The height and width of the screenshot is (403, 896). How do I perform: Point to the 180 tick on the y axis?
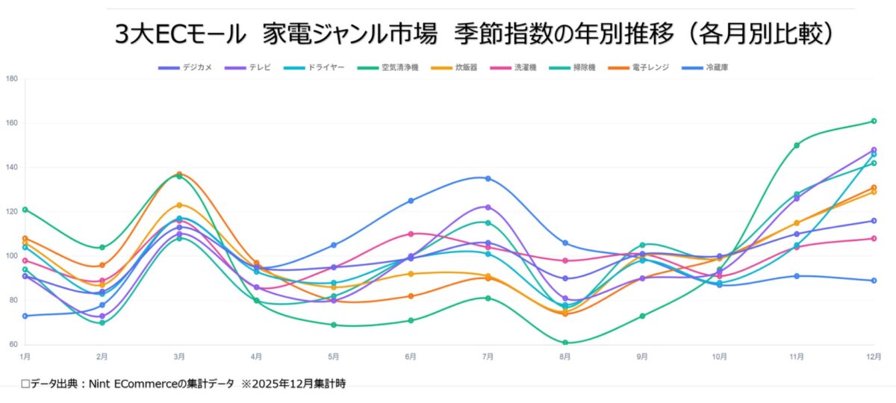(x=11, y=78)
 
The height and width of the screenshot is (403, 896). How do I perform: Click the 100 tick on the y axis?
(x=11, y=256)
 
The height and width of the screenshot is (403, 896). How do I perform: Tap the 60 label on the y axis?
(x=13, y=345)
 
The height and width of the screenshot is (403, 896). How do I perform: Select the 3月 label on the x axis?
(x=179, y=357)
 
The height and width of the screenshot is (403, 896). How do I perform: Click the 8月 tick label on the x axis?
(x=565, y=357)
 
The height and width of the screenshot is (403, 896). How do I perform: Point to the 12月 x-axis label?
(x=874, y=357)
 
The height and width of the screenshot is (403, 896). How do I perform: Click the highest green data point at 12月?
(x=874, y=121)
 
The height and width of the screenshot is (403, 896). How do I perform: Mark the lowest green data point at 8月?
(x=565, y=343)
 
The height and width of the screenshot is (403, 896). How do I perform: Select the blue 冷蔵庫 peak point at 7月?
(x=488, y=178)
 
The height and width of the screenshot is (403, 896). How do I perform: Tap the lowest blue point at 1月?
(x=25, y=316)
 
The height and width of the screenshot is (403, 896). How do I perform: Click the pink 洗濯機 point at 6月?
(x=411, y=234)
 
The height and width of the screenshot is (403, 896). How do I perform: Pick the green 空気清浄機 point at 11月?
(x=797, y=146)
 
